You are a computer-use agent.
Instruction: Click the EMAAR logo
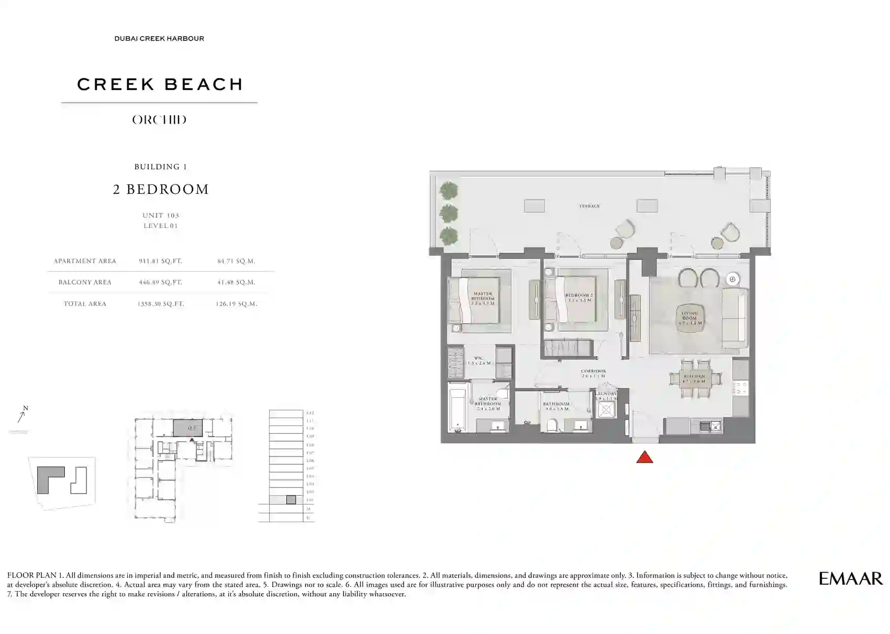point(850,578)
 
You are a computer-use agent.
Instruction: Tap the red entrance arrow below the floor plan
point(644,458)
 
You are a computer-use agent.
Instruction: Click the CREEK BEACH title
point(160,84)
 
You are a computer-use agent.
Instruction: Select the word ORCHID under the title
point(159,120)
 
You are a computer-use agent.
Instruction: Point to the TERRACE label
point(589,206)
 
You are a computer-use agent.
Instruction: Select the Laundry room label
point(606,394)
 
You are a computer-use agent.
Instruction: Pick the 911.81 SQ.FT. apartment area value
point(160,261)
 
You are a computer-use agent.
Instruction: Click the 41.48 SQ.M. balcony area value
point(236,282)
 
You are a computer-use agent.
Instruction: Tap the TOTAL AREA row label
point(85,304)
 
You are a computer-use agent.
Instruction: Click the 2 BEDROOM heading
point(161,190)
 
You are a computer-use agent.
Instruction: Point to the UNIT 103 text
point(161,215)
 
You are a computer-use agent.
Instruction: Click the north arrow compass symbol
point(22,415)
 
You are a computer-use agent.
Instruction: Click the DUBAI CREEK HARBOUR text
point(159,39)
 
